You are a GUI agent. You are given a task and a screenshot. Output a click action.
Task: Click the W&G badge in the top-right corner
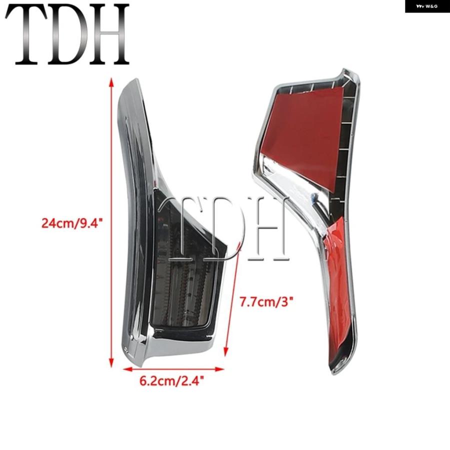point(427,6)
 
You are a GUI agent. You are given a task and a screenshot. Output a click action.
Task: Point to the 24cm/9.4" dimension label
point(72,223)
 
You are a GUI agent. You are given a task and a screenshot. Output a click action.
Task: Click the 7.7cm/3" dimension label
point(266,302)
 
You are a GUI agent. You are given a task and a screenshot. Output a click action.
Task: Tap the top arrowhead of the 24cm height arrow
point(111,82)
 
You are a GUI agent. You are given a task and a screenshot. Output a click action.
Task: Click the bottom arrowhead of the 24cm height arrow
point(111,363)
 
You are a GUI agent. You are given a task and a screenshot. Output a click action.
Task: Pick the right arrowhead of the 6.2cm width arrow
point(219,369)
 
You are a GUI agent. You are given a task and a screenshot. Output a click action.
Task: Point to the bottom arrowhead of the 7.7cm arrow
point(226,352)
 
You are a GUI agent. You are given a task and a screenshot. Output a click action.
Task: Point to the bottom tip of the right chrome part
point(333,373)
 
